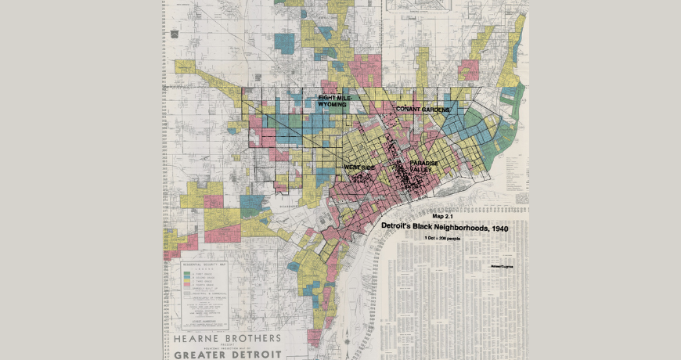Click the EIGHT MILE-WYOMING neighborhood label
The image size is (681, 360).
coord(332,101)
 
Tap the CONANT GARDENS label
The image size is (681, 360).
coord(423,109)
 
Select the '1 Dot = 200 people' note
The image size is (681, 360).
coord(443,236)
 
